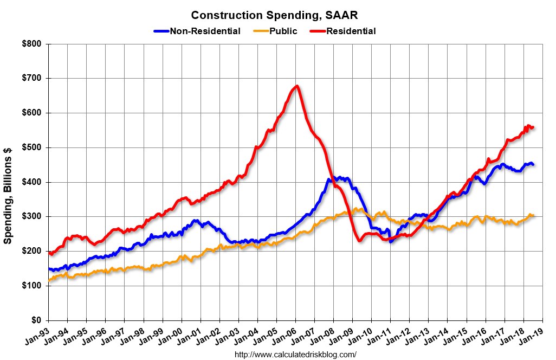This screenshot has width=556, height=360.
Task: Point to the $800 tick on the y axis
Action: (33, 44)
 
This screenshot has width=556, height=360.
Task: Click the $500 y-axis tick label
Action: (33, 147)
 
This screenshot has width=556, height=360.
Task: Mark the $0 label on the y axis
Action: (36, 320)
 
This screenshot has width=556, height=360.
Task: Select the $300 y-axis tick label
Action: (33, 217)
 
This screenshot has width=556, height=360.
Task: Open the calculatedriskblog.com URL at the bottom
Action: (295, 355)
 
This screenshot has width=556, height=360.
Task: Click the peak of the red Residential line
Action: (296, 86)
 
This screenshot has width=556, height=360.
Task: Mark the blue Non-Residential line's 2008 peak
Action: (329, 178)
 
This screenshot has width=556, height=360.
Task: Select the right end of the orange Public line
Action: (533, 215)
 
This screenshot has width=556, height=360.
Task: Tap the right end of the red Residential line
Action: (533, 127)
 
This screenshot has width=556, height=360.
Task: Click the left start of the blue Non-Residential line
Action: (49, 269)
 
